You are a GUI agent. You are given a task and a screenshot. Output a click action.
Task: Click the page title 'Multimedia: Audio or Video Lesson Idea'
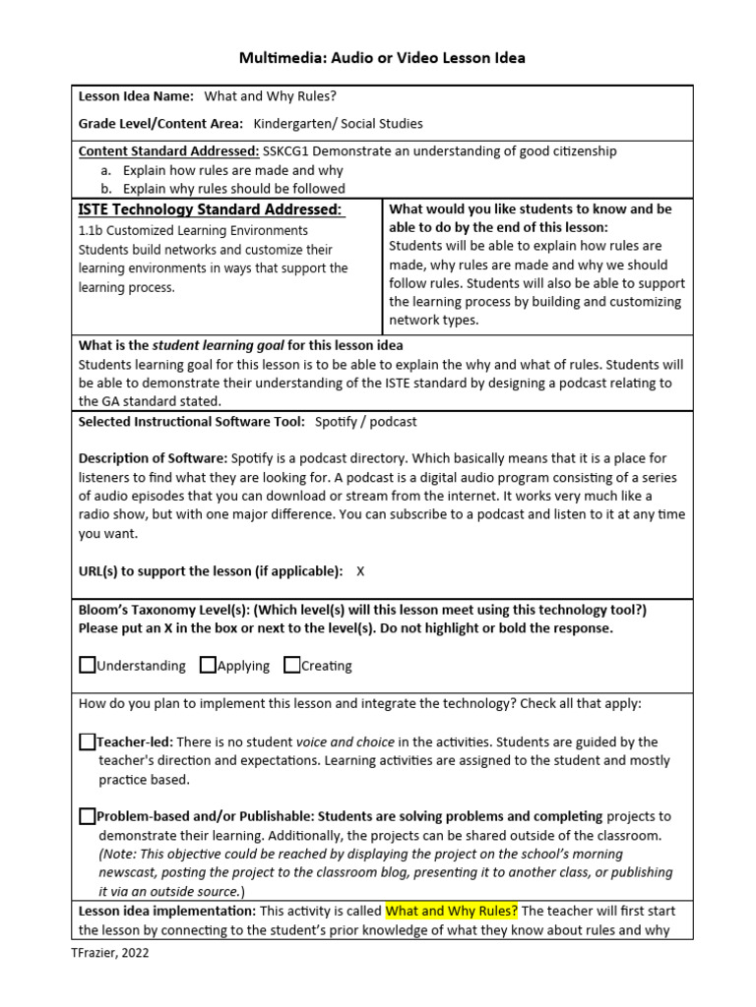382,58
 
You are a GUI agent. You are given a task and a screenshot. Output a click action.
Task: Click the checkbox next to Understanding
88,665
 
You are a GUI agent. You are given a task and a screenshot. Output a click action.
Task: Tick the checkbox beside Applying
208,665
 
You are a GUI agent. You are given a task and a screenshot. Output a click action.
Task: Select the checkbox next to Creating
292,665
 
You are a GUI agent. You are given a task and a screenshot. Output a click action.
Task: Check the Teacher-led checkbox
88,741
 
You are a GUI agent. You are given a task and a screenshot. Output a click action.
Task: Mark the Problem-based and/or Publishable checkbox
88,815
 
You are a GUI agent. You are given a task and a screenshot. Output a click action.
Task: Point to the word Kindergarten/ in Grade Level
294,124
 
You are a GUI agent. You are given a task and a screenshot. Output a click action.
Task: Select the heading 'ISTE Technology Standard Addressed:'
211,209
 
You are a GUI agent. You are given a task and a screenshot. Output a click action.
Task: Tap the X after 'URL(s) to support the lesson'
360,570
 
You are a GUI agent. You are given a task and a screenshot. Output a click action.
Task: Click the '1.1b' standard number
91,231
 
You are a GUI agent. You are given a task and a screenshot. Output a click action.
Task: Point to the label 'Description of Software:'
153,458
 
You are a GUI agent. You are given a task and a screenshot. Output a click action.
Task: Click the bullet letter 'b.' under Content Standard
105,188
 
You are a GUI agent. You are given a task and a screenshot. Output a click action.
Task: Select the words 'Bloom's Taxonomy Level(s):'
163,610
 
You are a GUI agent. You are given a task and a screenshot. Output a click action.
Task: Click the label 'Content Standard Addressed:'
168,151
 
